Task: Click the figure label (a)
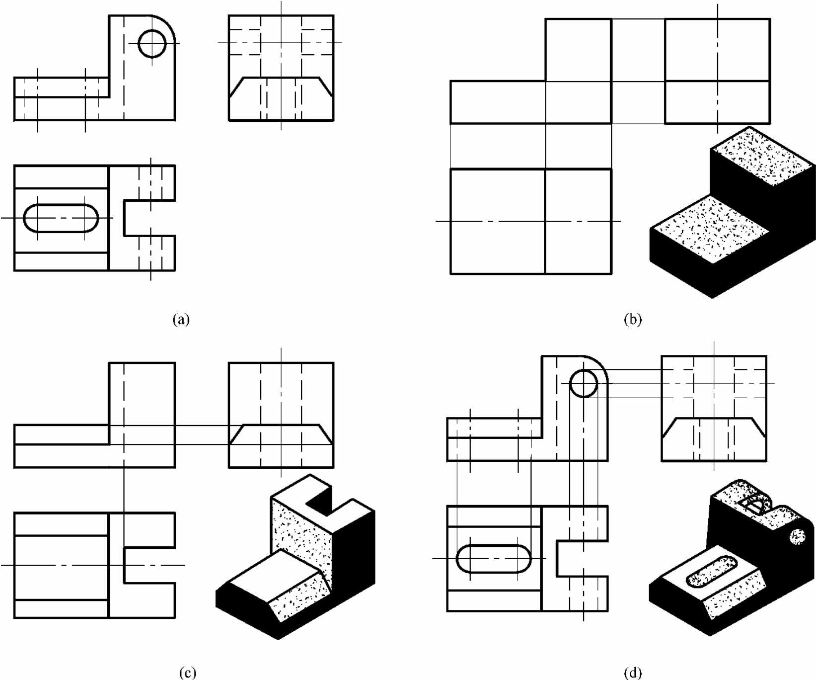click(181, 319)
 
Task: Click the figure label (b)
click(632, 319)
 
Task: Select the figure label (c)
click(187, 673)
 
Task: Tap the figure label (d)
click(632, 673)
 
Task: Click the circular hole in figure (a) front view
click(152, 43)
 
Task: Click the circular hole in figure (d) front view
click(584, 383)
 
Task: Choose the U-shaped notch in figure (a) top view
click(124, 218)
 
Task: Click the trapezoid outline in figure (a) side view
click(281, 78)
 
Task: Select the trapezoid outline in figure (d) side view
click(714, 419)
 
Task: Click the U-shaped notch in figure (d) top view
click(557, 558)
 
